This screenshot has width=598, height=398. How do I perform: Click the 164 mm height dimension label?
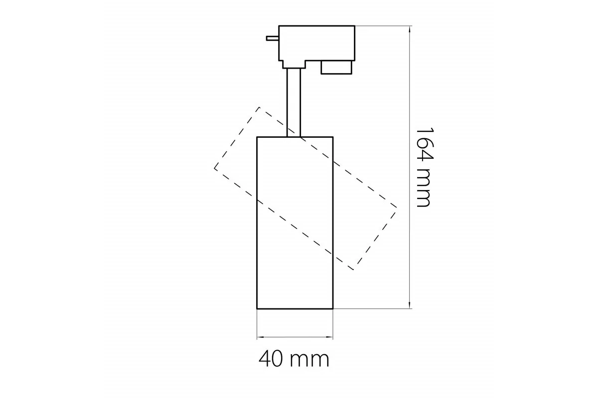pyautogui.click(x=425, y=168)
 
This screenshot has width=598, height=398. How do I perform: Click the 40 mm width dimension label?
pyautogui.click(x=294, y=359)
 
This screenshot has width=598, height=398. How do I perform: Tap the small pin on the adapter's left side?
pyautogui.click(x=273, y=38)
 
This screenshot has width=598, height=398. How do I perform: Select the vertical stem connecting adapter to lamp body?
pyautogui.click(x=294, y=102)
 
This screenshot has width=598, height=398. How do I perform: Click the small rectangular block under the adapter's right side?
pyautogui.click(x=336, y=68)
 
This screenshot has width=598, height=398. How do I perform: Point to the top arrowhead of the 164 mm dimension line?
pyautogui.click(x=410, y=29)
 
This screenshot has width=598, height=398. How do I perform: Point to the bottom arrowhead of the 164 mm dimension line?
pyautogui.click(x=410, y=305)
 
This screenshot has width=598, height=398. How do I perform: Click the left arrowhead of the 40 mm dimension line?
pyautogui.click(x=260, y=337)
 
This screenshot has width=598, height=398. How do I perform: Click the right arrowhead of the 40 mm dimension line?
pyautogui.click(x=330, y=337)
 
